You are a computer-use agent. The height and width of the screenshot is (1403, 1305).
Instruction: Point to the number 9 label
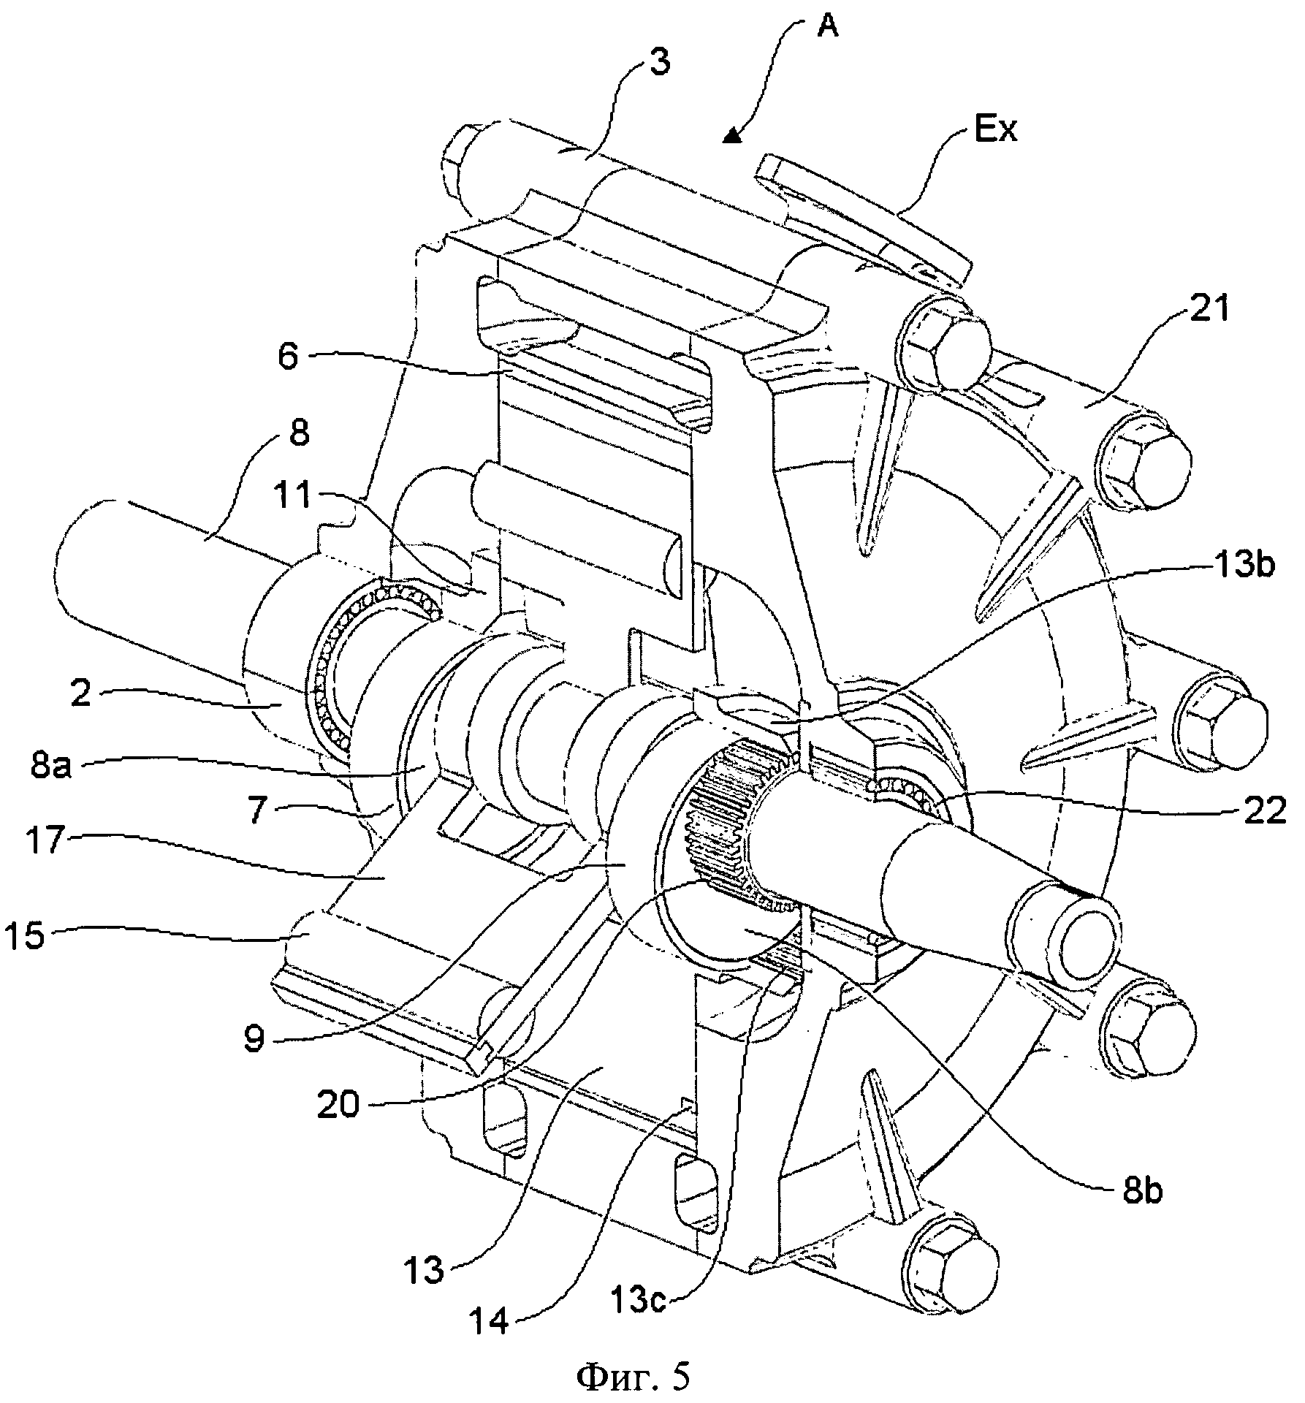254,1038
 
